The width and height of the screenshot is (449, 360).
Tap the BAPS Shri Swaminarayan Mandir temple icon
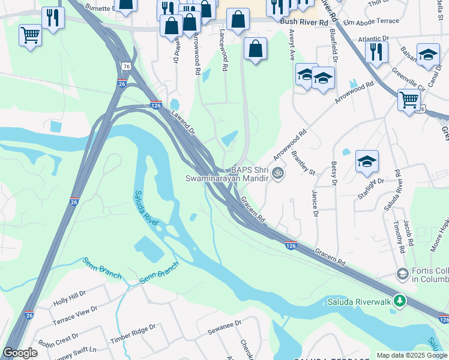277,174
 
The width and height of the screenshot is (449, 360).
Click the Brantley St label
303,163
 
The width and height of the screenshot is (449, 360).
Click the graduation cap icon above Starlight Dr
367,161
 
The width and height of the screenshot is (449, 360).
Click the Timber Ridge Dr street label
133,334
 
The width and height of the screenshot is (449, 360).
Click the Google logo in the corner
20,353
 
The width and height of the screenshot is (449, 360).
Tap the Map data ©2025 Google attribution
411,355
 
